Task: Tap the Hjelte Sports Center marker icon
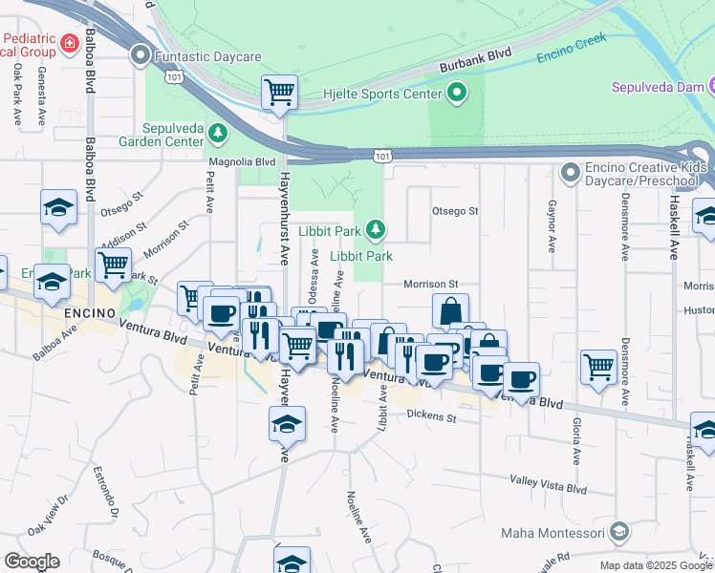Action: [457, 93]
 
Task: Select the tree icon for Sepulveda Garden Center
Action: [219, 131]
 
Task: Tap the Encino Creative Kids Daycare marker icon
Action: [571, 173]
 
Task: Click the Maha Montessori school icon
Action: [619, 530]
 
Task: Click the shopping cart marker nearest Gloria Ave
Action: [598, 366]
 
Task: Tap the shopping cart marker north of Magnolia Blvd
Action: [279, 93]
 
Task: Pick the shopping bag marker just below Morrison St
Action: [450, 310]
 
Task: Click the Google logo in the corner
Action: [32, 562]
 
